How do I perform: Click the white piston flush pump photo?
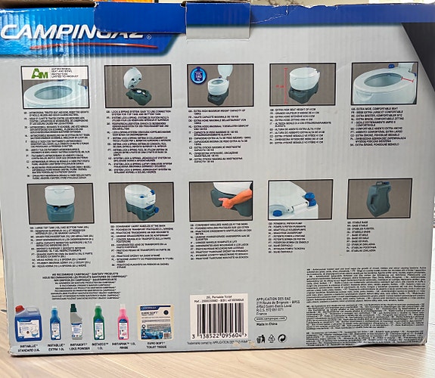click(x=300, y=200)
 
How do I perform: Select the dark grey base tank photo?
click(x=379, y=198)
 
